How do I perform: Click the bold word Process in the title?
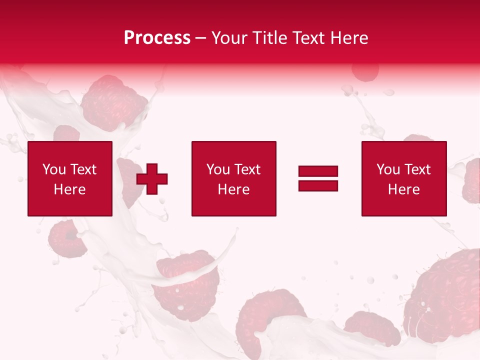[157, 38]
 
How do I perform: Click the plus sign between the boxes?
[152, 178]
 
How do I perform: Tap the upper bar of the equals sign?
[318, 171]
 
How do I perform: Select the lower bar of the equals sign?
[318, 185]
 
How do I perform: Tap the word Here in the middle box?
[233, 189]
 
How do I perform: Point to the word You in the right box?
[388, 169]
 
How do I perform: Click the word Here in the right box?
[403, 189]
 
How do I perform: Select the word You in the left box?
[54, 169]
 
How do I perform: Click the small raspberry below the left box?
[66, 239]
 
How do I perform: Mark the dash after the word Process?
[200, 38]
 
